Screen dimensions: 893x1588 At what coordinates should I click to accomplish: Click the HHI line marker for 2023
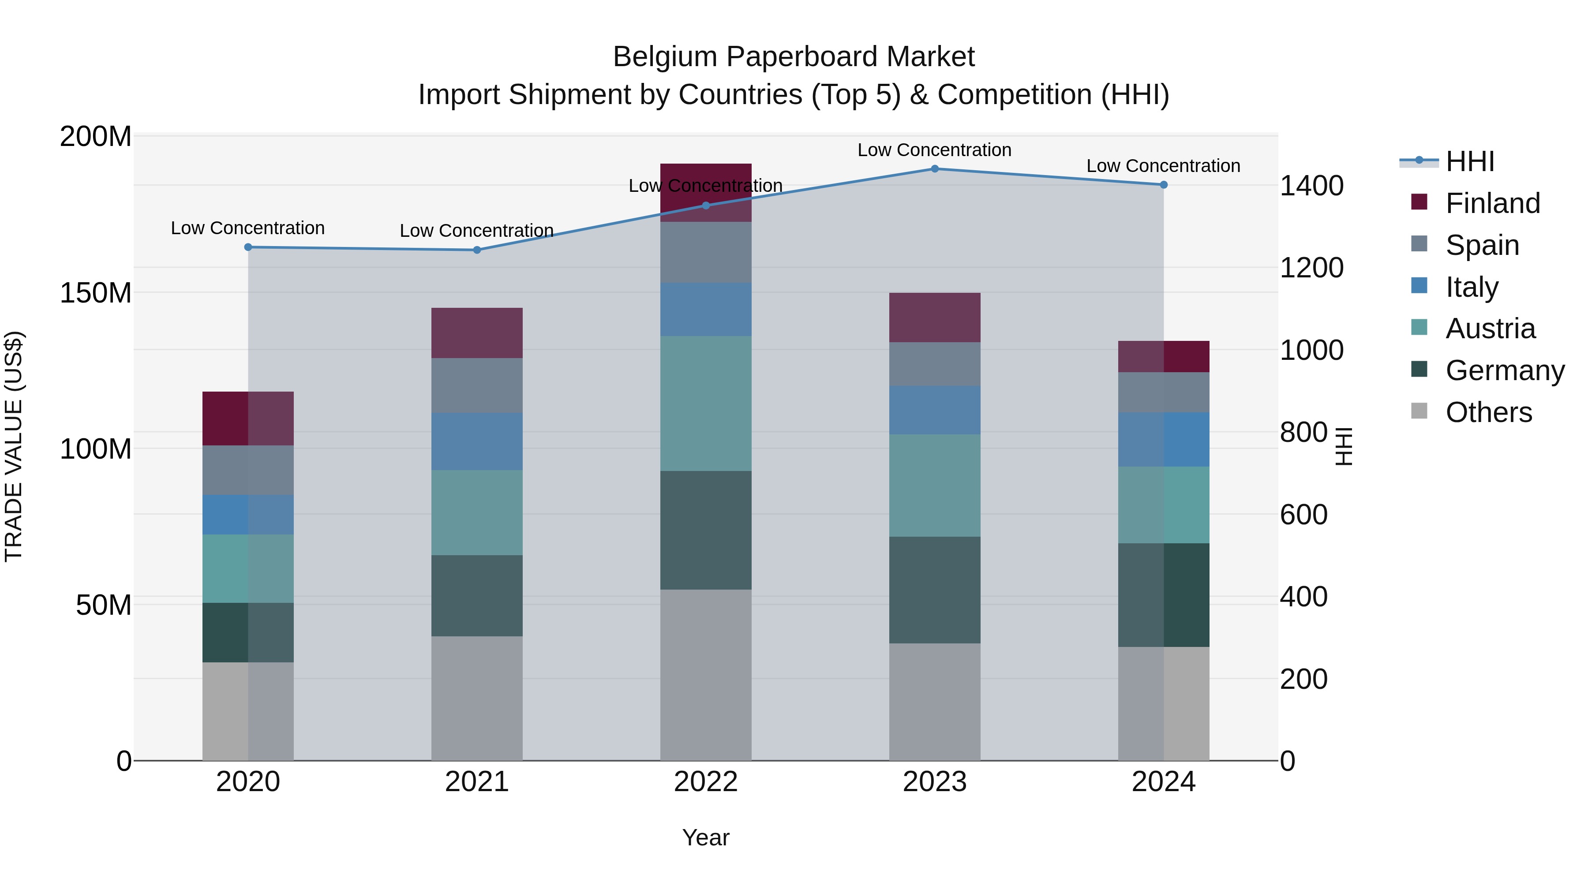[935, 169]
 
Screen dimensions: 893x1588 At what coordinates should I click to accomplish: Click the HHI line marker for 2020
[248, 247]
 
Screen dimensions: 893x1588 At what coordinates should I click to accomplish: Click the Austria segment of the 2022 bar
[706, 403]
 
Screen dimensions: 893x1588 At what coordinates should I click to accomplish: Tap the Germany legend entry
[1504, 370]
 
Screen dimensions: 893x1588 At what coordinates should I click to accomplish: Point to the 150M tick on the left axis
[96, 293]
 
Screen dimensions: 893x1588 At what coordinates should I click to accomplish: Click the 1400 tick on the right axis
[1311, 186]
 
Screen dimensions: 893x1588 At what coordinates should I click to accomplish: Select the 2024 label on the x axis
[1163, 782]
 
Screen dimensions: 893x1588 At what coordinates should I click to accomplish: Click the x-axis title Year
[706, 837]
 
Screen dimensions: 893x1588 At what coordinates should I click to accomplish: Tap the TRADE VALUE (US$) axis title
[14, 446]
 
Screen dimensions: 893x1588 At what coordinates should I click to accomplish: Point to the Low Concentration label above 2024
[1163, 166]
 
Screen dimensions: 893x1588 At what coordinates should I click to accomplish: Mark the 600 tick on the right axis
[1303, 515]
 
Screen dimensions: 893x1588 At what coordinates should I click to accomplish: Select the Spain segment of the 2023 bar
[935, 364]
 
